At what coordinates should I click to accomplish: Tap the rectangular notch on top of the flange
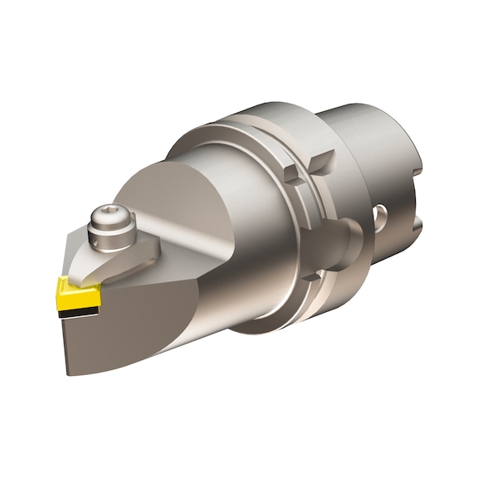(290, 173)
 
